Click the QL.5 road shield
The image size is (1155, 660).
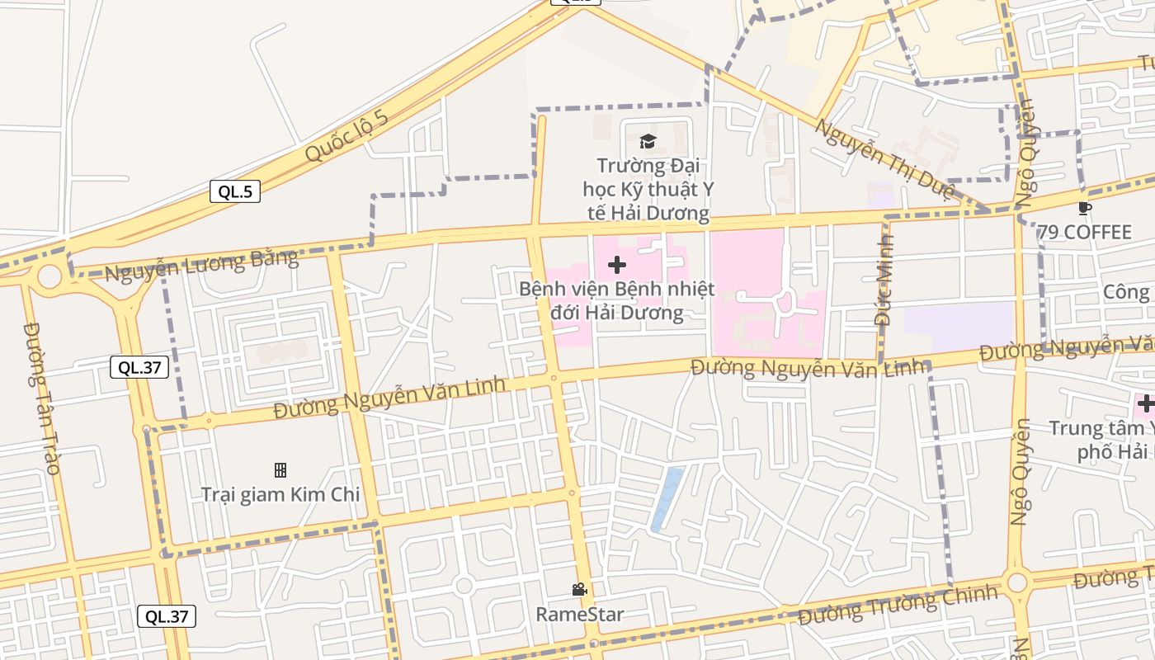click(235, 192)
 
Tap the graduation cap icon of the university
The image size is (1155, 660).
click(648, 141)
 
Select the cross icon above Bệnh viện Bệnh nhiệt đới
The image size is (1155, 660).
click(616, 265)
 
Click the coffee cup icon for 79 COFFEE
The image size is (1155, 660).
click(1084, 208)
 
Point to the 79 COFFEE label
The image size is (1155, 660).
click(1085, 233)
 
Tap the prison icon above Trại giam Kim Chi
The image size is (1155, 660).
click(280, 470)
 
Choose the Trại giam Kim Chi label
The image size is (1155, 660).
click(280, 495)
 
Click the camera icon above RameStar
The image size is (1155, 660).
click(579, 589)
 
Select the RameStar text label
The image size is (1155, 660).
click(579, 615)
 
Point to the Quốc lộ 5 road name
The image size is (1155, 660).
click(346, 135)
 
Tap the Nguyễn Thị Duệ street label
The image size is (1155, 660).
click(884, 160)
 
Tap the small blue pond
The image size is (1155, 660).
click(667, 499)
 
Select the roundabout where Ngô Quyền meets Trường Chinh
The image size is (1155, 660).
click(1017, 582)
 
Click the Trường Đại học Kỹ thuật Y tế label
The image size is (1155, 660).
click(648, 190)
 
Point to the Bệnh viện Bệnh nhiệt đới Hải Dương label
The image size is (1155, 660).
click(616, 301)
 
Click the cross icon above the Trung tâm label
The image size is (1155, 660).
click(1145, 403)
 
